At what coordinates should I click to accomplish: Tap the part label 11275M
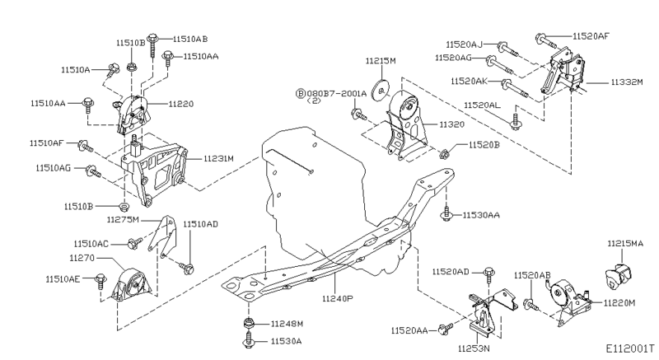[x=124, y=220]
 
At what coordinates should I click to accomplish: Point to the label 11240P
[x=338, y=298]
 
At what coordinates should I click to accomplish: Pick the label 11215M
[x=381, y=61]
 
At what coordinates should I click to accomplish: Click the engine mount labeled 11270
[x=133, y=288]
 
